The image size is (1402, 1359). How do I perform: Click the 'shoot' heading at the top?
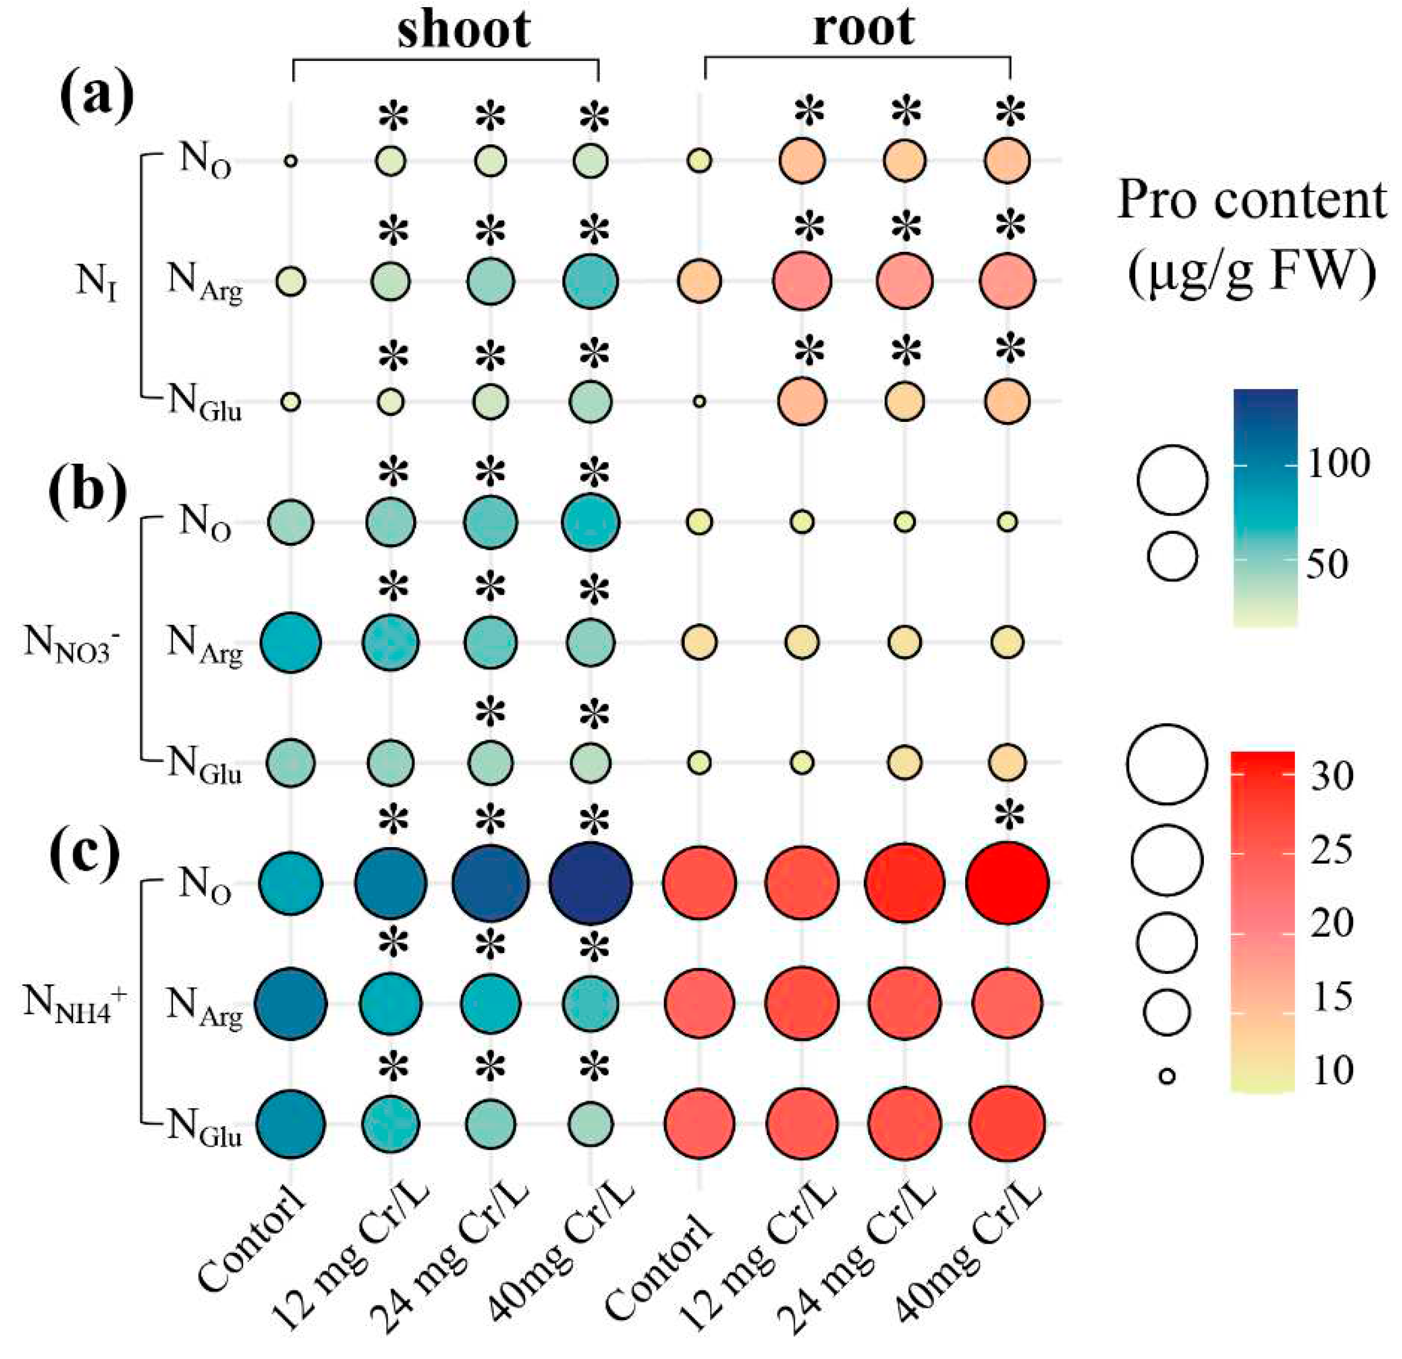[x=464, y=30]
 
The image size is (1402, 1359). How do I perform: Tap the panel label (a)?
[x=97, y=97]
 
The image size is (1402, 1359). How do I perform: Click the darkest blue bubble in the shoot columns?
[x=591, y=883]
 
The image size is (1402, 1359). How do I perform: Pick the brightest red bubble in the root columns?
[x=1007, y=883]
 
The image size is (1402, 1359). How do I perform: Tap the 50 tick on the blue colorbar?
[x=1327, y=563]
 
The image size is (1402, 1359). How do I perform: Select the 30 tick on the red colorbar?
[x=1332, y=775]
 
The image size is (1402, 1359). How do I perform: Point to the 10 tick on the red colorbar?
[x=1332, y=1072]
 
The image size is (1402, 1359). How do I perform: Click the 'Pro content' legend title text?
[x=1252, y=200]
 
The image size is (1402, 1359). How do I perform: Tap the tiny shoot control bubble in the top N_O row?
[x=290, y=161]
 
